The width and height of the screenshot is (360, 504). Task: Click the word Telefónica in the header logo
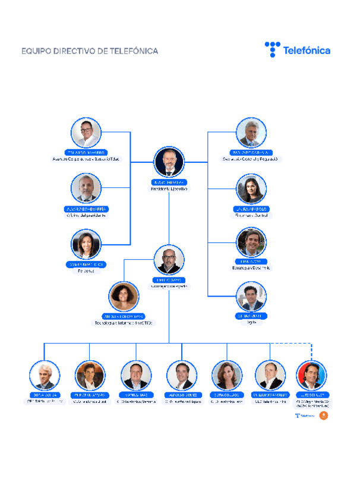307,51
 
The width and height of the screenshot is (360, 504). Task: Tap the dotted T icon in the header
271,49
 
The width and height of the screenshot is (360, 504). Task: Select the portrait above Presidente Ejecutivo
169,162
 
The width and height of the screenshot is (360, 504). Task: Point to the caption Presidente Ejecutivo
169,188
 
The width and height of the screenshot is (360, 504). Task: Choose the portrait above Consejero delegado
169,260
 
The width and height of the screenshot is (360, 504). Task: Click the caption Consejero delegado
169,286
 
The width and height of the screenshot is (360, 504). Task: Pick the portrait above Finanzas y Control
251,189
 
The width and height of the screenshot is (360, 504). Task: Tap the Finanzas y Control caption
251,216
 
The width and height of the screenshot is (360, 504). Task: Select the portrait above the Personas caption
86,244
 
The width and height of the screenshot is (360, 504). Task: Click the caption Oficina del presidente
86,215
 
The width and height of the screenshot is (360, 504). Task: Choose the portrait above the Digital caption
251,296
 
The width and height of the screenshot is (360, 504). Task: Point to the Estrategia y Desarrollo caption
251,268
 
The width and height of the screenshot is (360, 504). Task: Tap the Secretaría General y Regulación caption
251,159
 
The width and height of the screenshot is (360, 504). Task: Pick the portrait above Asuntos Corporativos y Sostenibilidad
86,133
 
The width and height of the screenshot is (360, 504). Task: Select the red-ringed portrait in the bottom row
311,375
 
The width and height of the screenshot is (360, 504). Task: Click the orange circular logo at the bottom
323,415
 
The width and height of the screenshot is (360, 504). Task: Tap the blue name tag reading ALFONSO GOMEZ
182,395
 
